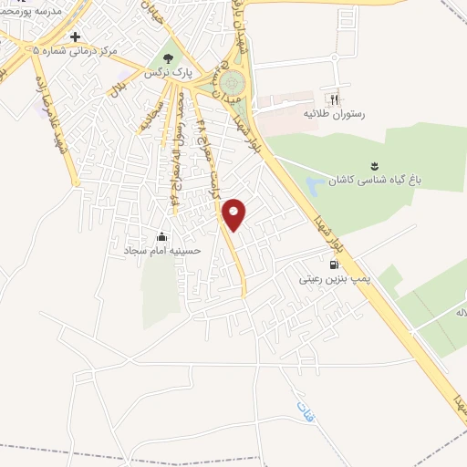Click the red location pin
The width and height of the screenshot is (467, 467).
[234, 213]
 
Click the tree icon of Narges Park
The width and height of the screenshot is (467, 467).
[170, 54]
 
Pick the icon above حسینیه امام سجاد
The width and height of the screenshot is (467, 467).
[163, 233]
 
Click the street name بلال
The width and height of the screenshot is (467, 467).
[118, 92]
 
